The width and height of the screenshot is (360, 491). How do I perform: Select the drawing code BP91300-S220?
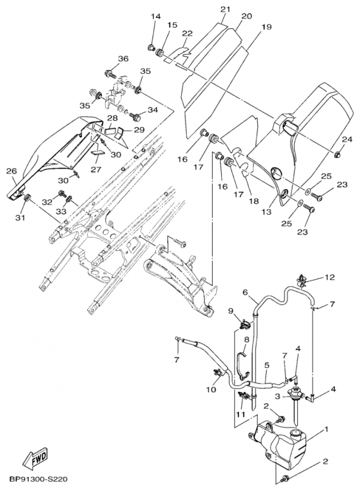38,479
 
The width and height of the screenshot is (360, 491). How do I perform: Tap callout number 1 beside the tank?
326,428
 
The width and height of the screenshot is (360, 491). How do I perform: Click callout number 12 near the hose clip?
329,277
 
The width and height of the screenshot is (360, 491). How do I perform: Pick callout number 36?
123,58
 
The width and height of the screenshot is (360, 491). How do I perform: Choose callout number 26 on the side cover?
12,171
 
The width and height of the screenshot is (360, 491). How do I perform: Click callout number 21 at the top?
225,9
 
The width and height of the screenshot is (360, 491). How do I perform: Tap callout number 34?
152,110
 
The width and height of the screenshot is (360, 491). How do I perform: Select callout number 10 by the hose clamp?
211,389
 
